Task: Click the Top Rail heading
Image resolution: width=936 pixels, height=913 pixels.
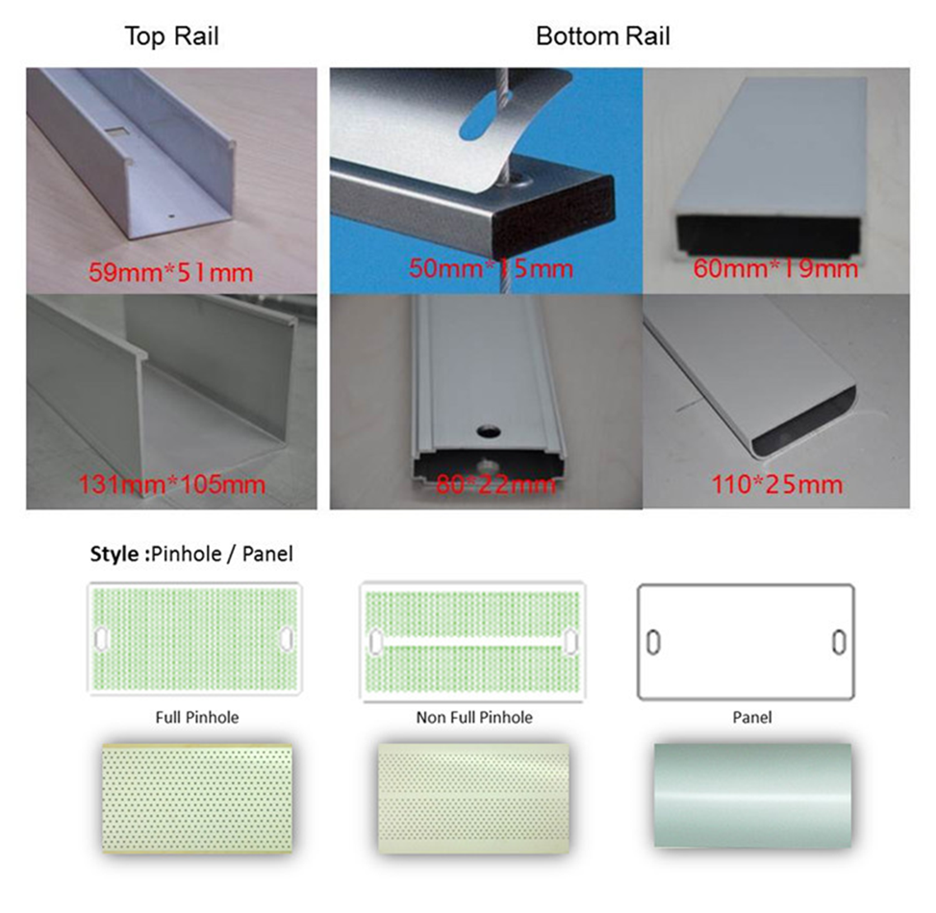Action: pyautogui.click(x=171, y=37)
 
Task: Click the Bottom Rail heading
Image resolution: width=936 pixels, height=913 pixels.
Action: pyautogui.click(x=603, y=37)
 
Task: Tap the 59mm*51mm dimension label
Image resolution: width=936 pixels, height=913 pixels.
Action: pyautogui.click(x=170, y=273)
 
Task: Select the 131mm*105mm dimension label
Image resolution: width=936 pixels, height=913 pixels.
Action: pyautogui.click(x=172, y=484)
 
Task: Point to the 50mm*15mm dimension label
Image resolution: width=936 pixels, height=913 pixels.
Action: pyautogui.click(x=491, y=268)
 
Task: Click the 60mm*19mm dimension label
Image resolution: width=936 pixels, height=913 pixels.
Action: pyautogui.click(x=775, y=268)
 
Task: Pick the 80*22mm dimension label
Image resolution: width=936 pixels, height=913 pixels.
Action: pyautogui.click(x=496, y=484)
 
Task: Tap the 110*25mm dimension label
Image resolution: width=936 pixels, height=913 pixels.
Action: pyautogui.click(x=776, y=484)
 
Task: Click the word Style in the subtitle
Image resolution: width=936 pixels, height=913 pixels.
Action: pyautogui.click(x=114, y=554)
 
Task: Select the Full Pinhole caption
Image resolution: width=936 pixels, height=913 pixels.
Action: pyautogui.click(x=197, y=717)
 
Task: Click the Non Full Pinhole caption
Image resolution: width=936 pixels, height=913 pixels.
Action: pyautogui.click(x=474, y=717)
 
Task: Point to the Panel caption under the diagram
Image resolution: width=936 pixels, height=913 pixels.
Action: pyautogui.click(x=752, y=717)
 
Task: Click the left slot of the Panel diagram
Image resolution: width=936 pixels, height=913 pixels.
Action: pyautogui.click(x=653, y=642)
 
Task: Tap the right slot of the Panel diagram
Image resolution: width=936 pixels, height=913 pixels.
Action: pyautogui.click(x=839, y=642)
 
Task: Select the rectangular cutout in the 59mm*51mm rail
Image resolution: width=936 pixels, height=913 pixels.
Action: pyautogui.click(x=118, y=130)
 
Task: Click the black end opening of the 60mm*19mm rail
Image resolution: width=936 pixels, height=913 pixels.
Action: pyautogui.click(x=769, y=236)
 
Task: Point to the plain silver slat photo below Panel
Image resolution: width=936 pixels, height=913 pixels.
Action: pyautogui.click(x=752, y=795)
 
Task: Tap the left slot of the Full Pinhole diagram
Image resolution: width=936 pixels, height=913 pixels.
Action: pyautogui.click(x=101, y=638)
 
